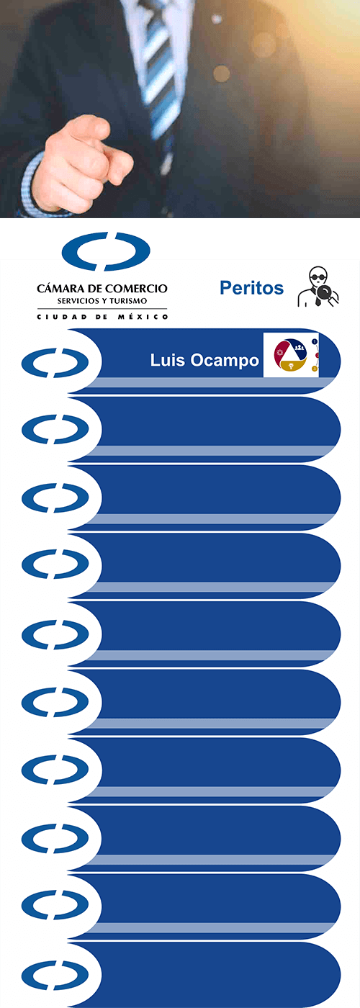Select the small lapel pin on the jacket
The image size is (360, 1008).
(217, 19)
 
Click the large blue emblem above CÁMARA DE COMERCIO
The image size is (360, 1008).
(106, 251)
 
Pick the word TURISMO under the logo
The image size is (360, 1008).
(128, 301)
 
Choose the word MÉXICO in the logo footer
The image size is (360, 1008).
(143, 317)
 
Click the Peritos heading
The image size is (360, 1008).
(251, 287)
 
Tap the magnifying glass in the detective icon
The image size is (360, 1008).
(326, 296)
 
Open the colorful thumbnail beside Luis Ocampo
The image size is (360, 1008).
(291, 354)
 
